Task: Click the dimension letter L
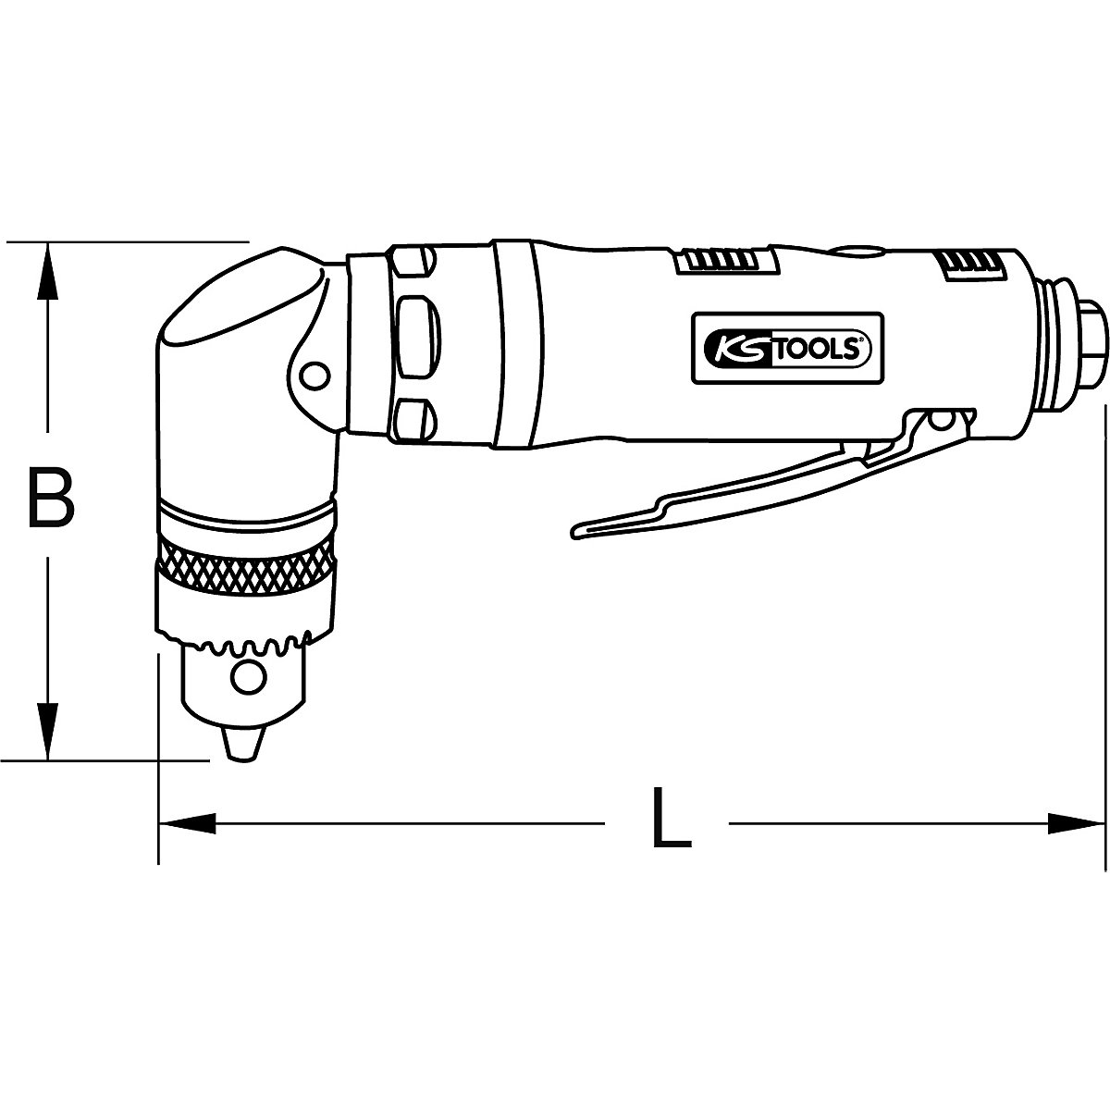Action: [x=671, y=818]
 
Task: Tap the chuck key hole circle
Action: [x=247, y=678]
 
